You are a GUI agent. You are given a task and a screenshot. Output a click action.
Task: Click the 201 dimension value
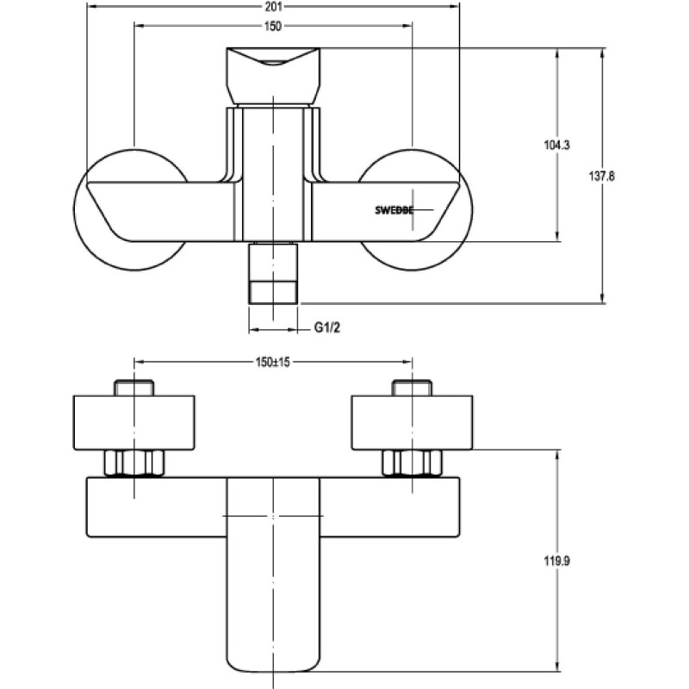tap(273, 6)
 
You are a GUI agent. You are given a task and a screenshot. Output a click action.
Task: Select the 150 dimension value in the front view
tap(273, 26)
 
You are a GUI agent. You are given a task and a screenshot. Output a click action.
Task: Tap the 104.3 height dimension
tap(556, 145)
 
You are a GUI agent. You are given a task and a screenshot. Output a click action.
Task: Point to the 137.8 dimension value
tap(601, 176)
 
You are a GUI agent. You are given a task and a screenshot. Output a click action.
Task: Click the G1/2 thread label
tap(327, 327)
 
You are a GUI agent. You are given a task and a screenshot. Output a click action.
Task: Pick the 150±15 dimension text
tap(273, 362)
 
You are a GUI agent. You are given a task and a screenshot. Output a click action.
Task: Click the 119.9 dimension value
tap(556, 561)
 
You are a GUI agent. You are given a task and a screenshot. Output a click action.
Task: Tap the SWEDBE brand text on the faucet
tap(394, 210)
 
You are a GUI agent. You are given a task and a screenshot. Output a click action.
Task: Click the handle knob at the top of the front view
tap(273, 77)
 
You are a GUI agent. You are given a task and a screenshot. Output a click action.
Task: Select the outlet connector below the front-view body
tap(273, 274)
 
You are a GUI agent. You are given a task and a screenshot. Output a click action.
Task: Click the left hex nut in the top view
tap(134, 463)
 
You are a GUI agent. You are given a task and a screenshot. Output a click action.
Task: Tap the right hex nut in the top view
tap(412, 463)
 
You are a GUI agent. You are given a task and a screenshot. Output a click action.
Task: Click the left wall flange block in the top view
tap(134, 423)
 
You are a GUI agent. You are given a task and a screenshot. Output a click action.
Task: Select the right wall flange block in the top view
tap(412, 423)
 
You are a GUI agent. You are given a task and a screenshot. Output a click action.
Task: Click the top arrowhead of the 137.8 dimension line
tap(602, 53)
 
